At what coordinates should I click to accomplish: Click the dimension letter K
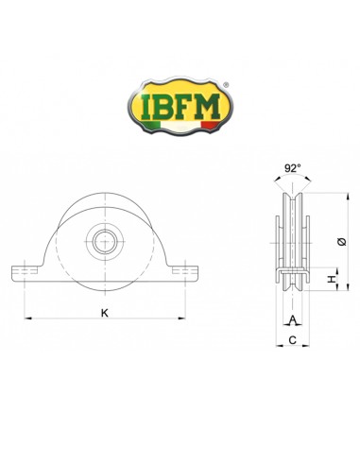click(103, 312)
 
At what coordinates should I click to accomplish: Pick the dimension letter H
click(330, 281)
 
